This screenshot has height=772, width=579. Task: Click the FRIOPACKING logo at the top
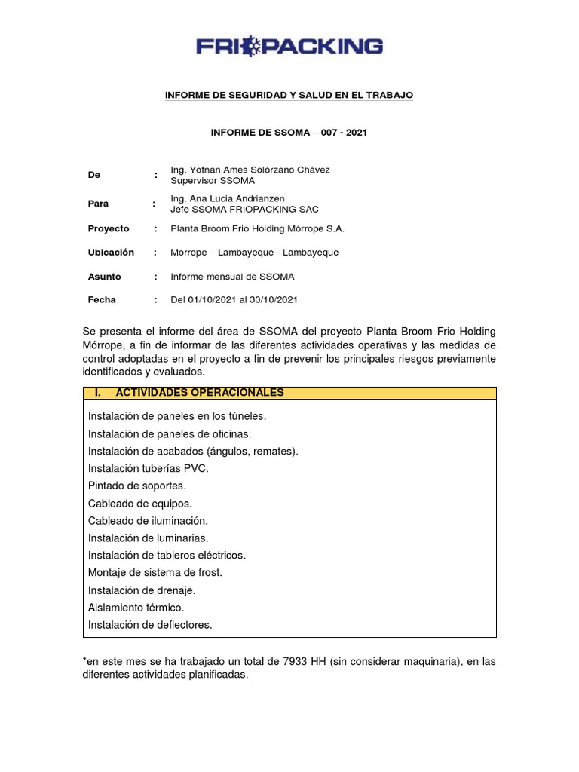pyautogui.click(x=289, y=47)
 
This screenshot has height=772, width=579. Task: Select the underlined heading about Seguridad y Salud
pyautogui.click(x=289, y=95)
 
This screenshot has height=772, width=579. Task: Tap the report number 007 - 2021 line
pyautogui.click(x=289, y=133)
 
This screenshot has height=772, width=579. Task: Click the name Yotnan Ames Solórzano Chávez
pyautogui.click(x=250, y=170)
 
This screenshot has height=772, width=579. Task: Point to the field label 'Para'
pyautogui.click(x=98, y=204)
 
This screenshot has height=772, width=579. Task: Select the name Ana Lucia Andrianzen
pyautogui.click(x=228, y=198)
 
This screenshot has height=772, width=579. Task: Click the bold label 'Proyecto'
pyautogui.click(x=109, y=228)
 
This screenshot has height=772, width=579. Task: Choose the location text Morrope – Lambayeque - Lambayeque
pyautogui.click(x=255, y=252)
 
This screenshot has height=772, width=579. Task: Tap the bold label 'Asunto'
pyautogui.click(x=104, y=277)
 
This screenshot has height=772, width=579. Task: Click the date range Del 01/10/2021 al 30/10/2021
pyautogui.click(x=234, y=299)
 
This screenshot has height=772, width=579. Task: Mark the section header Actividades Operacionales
pyautogui.click(x=199, y=393)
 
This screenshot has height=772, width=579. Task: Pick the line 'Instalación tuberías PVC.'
pyautogui.click(x=148, y=468)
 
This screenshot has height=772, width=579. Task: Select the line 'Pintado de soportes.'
pyautogui.click(x=136, y=486)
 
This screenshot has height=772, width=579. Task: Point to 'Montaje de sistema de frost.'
pyautogui.click(x=155, y=572)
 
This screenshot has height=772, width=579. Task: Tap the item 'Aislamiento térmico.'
pyautogui.click(x=136, y=607)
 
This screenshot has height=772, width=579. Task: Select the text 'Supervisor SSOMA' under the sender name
pyautogui.click(x=213, y=181)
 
